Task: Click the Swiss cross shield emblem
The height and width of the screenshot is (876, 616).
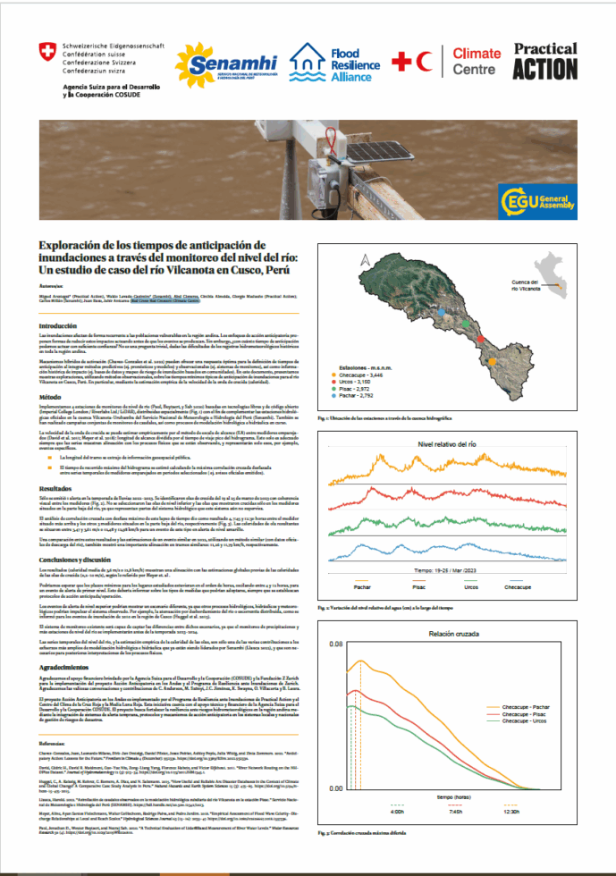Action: [x=46, y=51]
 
